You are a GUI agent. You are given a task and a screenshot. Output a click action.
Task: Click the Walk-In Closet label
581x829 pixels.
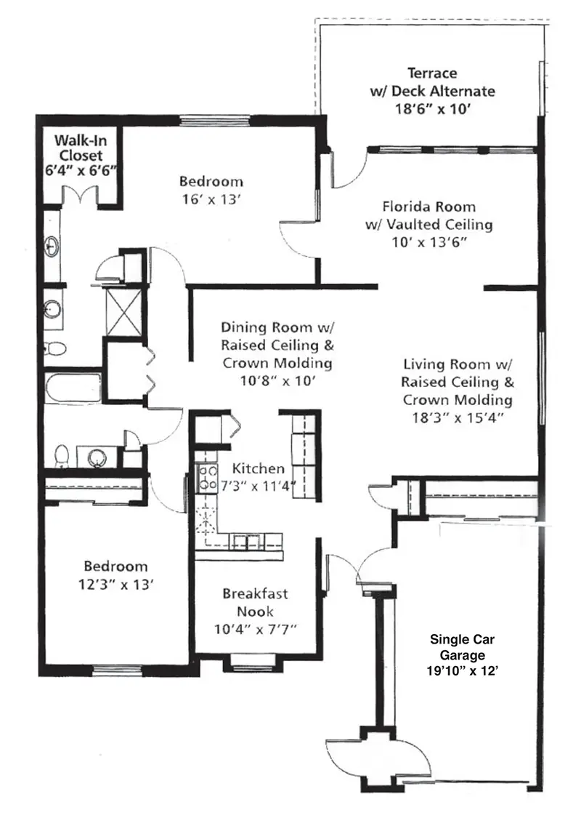(81, 148)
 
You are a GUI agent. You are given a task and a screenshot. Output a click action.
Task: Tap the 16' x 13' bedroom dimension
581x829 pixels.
(211, 200)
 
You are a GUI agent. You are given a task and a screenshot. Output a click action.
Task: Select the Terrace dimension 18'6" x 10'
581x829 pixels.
(433, 109)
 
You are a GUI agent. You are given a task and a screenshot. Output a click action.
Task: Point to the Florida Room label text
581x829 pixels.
(429, 207)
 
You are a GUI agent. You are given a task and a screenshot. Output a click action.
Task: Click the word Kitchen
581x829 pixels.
(259, 468)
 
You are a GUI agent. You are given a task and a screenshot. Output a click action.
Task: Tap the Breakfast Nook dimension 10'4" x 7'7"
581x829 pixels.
(255, 630)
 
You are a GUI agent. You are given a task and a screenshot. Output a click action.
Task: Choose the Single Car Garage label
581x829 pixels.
(462, 647)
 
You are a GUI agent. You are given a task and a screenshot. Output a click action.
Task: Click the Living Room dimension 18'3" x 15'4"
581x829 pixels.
(458, 417)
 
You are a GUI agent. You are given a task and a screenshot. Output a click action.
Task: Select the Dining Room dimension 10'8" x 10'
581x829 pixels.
(277, 380)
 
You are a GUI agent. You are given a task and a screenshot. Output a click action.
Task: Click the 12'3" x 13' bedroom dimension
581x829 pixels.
(115, 585)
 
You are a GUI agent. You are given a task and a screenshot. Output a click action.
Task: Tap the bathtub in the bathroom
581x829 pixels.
(73, 388)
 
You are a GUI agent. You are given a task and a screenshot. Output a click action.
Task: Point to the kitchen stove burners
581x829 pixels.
(206, 478)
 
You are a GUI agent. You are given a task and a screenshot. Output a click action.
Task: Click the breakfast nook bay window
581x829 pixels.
(251, 662)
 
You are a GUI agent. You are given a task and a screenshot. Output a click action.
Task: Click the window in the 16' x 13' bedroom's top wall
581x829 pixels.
(214, 121)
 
